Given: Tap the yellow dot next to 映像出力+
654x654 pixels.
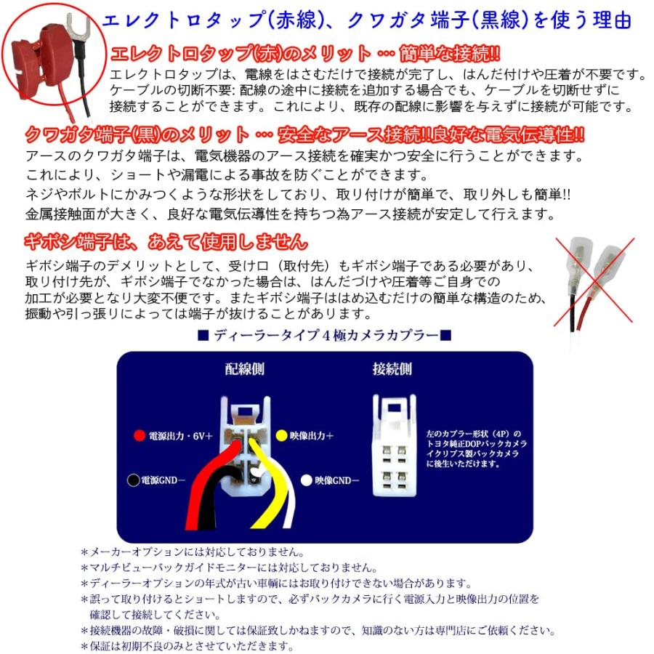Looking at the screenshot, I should [281, 436].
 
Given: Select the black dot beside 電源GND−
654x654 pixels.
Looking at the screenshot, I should [132, 480].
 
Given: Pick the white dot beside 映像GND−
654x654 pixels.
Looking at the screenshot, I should [307, 480].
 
